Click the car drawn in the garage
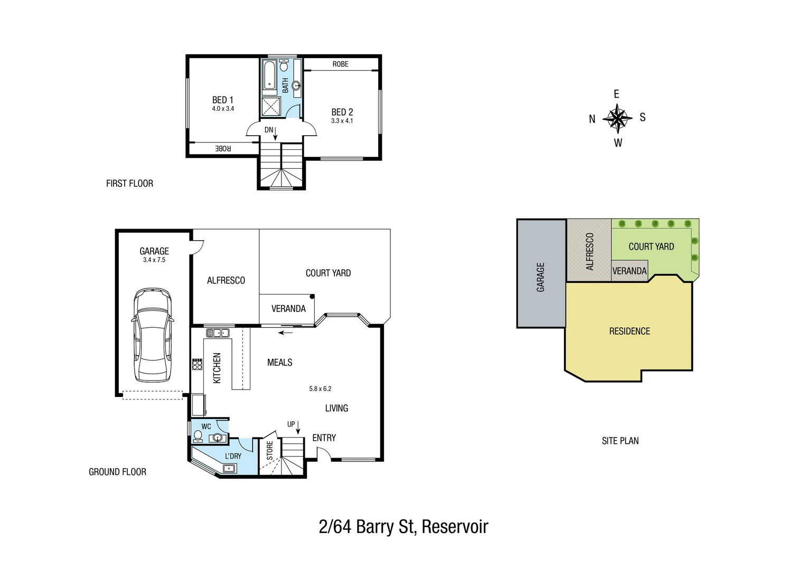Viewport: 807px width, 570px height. (x=152, y=335)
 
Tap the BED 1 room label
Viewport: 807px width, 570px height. (x=222, y=100)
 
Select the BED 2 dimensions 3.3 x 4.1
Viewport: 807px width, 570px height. (x=342, y=121)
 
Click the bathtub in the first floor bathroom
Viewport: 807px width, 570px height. (x=269, y=75)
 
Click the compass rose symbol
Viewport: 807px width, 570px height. (x=617, y=118)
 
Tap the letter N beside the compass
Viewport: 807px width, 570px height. (x=592, y=119)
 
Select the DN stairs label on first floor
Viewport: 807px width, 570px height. (x=269, y=130)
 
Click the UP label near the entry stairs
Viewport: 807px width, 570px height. (x=291, y=424)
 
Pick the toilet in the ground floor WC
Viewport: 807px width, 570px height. (x=198, y=436)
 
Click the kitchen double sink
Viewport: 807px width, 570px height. (x=217, y=333)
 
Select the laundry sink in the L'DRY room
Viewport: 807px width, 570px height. (x=229, y=468)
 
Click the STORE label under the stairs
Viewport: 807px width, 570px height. (x=270, y=451)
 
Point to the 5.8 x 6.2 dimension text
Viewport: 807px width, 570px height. (x=320, y=389)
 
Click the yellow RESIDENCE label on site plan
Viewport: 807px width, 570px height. (x=630, y=331)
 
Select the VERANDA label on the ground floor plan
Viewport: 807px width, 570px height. (x=288, y=309)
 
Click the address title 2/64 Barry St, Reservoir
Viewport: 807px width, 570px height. (x=403, y=527)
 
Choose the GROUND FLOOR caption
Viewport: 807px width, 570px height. (x=117, y=472)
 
